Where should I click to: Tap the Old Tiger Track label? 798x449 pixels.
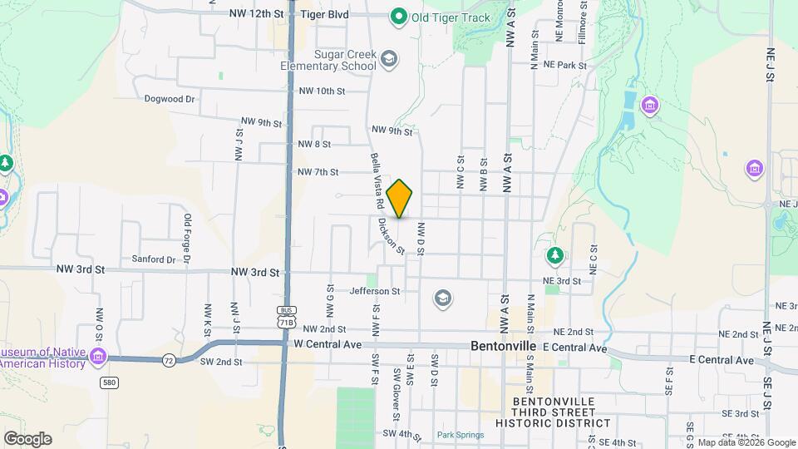pyautogui.click(x=445, y=16)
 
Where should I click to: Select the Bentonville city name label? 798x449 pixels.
pyautogui.click(x=505, y=344)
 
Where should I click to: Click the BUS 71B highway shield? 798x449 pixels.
pyautogui.click(x=287, y=316)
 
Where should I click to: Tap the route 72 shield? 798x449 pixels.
pyautogui.click(x=169, y=359)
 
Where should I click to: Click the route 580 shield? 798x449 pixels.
pyautogui.click(x=108, y=382)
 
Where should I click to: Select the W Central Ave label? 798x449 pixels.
pyautogui.click(x=328, y=343)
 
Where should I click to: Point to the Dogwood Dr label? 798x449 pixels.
pyautogui.click(x=169, y=98)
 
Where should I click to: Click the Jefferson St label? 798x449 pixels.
pyautogui.click(x=375, y=291)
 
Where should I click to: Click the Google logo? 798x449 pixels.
pyautogui.click(x=27, y=438)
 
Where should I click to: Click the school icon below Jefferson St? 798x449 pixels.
pyautogui.click(x=443, y=298)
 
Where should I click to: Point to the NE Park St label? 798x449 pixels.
pyautogui.click(x=565, y=65)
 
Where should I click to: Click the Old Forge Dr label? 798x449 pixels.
pyautogui.click(x=188, y=239)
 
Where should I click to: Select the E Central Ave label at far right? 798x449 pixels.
pyautogui.click(x=722, y=360)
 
